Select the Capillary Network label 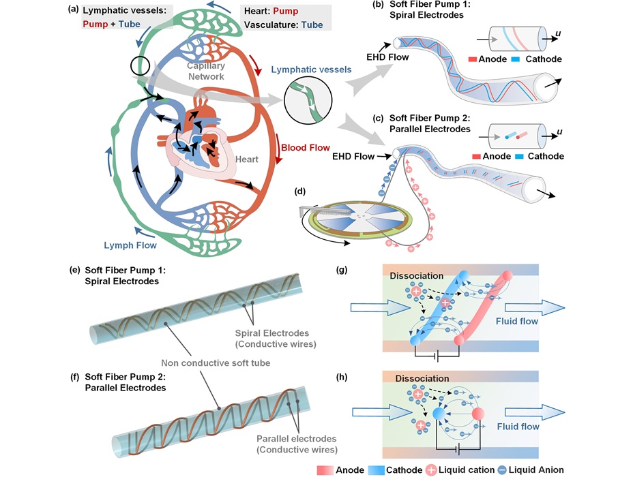click(206, 71)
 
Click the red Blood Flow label click(305, 147)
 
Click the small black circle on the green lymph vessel click(140, 67)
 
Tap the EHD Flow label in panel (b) click(387, 57)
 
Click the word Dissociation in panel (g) click(416, 275)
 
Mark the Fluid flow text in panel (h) click(516, 427)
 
